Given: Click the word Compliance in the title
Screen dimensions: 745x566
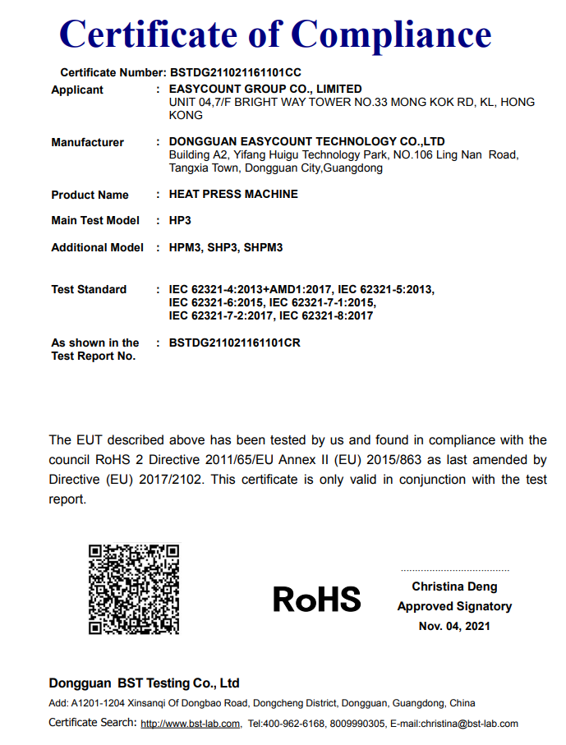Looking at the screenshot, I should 391,34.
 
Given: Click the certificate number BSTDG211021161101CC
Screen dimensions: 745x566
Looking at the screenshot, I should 235,73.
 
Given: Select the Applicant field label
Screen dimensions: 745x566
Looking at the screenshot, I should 77,90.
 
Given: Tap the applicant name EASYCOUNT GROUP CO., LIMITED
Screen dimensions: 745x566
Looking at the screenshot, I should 265,90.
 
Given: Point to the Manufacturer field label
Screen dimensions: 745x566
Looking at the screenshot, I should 87,142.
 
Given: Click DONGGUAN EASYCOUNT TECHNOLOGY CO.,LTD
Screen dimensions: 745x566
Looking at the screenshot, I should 306,142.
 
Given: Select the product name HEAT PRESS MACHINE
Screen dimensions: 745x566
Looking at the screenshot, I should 233,195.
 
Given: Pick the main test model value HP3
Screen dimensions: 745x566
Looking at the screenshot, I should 180,220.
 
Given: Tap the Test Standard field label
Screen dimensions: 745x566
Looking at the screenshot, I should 89,289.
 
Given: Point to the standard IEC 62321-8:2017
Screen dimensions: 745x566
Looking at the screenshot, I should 326,315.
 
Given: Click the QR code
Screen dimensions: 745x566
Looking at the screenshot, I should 134,589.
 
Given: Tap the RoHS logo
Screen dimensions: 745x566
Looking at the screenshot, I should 316,599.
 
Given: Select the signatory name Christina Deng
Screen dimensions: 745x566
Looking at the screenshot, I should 454,586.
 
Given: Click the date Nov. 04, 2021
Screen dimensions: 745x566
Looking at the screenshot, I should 454,626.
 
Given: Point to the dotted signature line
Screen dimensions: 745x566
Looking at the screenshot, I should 454,570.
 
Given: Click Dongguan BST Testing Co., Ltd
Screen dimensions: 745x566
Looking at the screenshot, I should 145,683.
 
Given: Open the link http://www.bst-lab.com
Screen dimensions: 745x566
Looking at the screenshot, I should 191,724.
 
